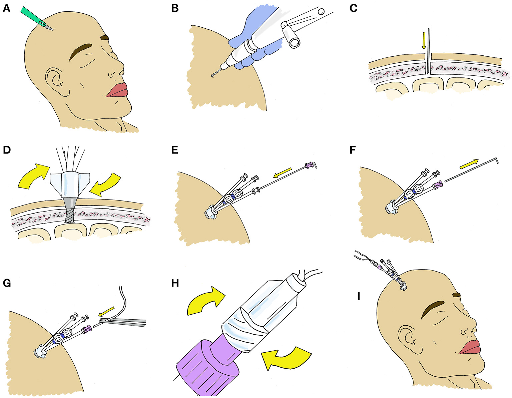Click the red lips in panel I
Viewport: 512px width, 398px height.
pos(470,347)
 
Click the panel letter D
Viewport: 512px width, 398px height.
pos(7,150)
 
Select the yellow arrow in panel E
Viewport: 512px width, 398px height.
pos(282,173)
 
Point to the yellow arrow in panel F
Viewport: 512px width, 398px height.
pos(469,163)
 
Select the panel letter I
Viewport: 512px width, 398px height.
pos(358,296)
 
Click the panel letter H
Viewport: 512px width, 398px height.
pos(175,283)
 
